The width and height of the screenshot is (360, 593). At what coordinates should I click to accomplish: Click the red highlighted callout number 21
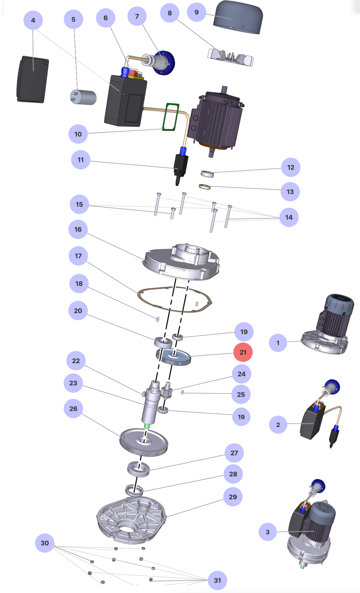click(x=243, y=352)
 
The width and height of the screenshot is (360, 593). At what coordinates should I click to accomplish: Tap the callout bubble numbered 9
click(x=197, y=12)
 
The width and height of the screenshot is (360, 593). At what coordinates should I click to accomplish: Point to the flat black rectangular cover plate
click(x=33, y=79)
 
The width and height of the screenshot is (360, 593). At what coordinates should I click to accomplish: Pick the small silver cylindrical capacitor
click(x=84, y=97)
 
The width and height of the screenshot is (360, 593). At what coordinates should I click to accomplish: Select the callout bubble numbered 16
click(x=78, y=229)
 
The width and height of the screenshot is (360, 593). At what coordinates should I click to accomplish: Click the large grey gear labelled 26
click(x=144, y=442)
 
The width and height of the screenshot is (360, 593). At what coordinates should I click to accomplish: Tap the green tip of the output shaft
click(x=147, y=426)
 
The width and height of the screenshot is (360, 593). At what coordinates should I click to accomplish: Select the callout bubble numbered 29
click(x=233, y=497)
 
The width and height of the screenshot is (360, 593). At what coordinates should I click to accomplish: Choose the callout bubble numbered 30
click(x=45, y=543)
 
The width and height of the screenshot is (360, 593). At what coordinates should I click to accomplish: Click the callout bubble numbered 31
click(x=217, y=580)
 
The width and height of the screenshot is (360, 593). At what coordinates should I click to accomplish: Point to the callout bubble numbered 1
click(x=278, y=343)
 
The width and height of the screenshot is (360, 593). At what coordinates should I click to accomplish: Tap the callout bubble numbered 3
click(x=268, y=532)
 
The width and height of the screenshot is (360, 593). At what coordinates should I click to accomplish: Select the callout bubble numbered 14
click(x=289, y=217)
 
